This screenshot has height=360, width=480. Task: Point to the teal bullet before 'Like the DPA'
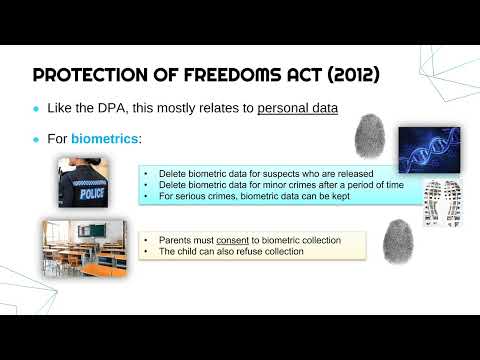point(36,108)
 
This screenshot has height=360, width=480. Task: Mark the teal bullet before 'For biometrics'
point(36,138)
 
